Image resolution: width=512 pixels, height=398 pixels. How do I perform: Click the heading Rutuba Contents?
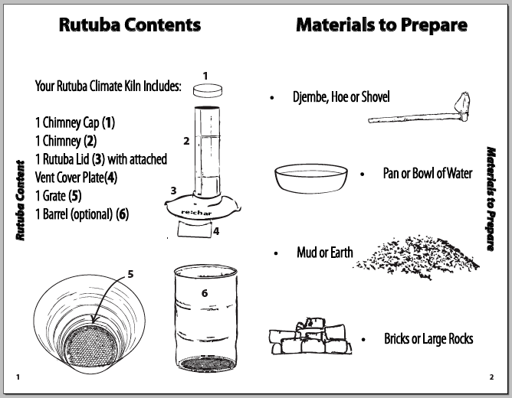click(130, 24)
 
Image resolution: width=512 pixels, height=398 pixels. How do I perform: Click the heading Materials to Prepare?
click(381, 24)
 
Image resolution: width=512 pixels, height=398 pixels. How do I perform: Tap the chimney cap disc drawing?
click(206, 90)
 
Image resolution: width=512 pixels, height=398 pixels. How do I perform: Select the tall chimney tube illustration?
click(206, 149)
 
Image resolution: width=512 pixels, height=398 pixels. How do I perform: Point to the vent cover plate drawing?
click(196, 229)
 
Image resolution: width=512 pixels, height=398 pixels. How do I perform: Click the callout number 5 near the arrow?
click(130, 273)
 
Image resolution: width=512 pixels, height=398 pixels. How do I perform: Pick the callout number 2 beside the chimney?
click(186, 141)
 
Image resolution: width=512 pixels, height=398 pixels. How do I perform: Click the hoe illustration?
click(422, 111)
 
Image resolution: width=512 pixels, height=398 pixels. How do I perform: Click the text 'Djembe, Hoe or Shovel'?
click(341, 97)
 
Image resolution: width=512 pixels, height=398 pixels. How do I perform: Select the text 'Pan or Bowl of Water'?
click(428, 174)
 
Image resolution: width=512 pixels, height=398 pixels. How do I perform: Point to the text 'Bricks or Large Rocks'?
click(428, 338)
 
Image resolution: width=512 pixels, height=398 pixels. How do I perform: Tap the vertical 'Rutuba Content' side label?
click(21, 200)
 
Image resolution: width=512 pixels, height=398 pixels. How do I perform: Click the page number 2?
click(491, 377)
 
